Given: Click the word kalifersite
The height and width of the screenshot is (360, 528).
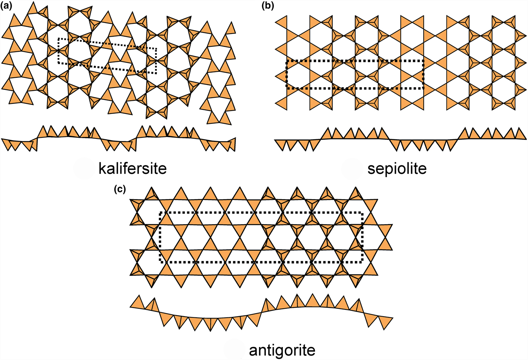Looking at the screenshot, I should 132,168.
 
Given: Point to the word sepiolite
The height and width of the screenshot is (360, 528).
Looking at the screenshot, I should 397,168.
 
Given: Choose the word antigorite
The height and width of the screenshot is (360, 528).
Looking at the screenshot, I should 282,350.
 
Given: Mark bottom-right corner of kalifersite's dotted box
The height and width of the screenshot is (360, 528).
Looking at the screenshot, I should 156,73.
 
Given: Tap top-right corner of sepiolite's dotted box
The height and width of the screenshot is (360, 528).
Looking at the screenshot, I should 424,60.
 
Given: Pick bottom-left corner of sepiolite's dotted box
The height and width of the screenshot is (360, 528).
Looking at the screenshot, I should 287,88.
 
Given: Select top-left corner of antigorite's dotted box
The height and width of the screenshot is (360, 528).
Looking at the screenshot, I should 161,213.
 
